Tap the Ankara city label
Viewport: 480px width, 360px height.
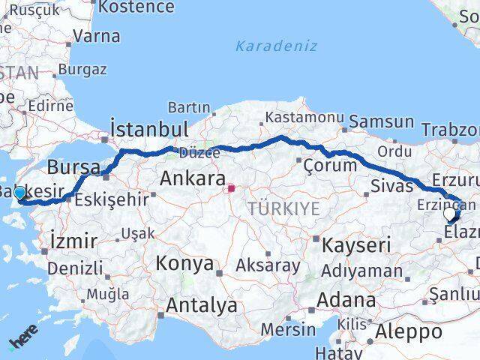point(193,179)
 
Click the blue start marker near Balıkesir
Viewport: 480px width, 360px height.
point(19,193)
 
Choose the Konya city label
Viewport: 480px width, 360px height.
point(184,264)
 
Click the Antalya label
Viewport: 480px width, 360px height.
point(202,305)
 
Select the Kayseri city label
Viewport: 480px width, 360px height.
point(357,244)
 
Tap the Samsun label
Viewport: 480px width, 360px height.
point(382,121)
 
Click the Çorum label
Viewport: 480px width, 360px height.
point(331,165)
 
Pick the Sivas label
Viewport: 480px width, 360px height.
point(392,186)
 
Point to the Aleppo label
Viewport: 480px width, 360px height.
point(409,332)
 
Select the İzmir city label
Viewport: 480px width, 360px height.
point(73,241)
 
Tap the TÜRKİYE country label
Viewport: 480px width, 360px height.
point(284,208)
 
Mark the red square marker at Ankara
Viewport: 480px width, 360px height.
point(232,188)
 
